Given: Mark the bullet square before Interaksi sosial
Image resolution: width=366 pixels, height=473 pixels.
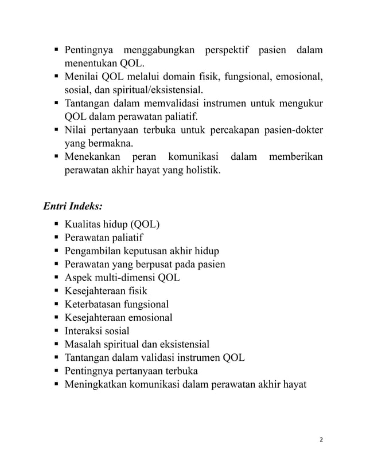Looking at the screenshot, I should [x=56, y=331].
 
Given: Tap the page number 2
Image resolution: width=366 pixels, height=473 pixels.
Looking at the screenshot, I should [x=321, y=439].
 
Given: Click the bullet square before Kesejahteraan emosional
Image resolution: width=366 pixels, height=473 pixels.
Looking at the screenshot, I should [x=56, y=318].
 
